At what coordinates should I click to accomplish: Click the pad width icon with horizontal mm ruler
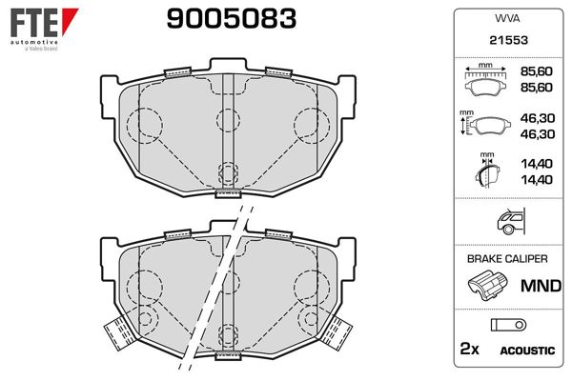coord(485,81)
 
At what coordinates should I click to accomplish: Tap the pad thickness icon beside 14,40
coord(484,172)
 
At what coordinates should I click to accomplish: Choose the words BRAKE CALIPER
coord(506,259)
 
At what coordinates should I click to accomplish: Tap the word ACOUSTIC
coord(527,351)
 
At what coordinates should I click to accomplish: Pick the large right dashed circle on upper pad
coord(311,123)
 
